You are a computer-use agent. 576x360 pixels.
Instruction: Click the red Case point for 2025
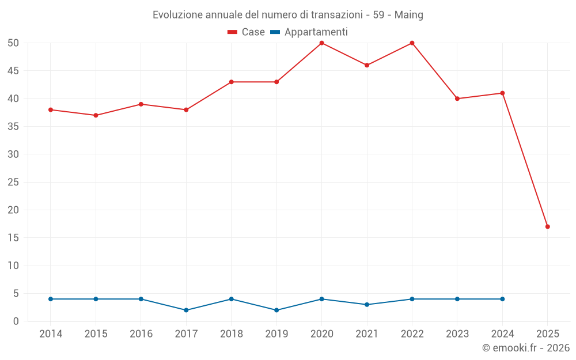[547, 226]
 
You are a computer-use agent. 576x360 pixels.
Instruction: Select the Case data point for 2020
[321, 43]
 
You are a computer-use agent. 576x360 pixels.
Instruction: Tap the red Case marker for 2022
[412, 43]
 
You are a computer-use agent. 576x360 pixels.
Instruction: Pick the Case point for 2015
[96, 115]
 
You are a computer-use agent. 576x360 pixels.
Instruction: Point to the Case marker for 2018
[231, 82]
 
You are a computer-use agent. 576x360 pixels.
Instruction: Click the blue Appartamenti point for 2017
[186, 310]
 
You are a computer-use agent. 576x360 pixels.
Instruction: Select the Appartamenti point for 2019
[276, 310]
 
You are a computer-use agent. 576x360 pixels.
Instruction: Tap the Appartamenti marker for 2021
[367, 305]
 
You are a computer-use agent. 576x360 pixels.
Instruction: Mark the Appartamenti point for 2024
[502, 299]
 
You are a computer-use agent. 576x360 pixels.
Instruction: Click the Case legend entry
[247, 32]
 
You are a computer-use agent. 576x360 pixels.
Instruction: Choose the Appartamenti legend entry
[309, 32]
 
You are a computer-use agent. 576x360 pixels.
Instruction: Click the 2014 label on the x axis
[51, 334]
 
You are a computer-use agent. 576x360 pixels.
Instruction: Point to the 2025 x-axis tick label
[547, 334]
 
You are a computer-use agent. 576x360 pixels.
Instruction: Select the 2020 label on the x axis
[321, 334]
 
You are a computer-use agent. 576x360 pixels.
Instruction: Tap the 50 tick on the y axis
[13, 43]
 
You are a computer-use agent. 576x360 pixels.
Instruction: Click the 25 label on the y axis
[13, 182]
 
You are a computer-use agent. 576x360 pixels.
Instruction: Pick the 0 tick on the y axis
[16, 321]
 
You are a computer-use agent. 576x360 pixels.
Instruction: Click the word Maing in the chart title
[408, 15]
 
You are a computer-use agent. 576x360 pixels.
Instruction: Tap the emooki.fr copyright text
[526, 348]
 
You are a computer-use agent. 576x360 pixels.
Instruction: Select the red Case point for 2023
[457, 98]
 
